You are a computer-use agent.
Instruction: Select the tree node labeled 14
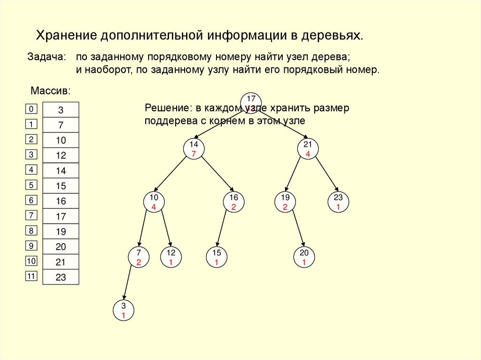point(194,149)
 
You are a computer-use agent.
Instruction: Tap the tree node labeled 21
point(308,149)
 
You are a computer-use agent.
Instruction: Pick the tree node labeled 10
point(154,201)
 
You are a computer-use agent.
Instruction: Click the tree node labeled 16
point(233,201)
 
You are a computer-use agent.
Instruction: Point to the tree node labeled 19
point(285,201)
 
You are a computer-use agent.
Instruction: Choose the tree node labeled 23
point(338,201)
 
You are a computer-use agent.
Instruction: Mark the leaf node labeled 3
point(124,311)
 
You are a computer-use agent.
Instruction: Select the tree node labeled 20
point(304,258)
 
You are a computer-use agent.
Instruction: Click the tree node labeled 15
point(217,258)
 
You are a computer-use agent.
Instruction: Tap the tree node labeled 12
point(171,258)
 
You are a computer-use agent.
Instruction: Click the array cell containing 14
point(61,171)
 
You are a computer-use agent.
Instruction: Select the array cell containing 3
point(61,110)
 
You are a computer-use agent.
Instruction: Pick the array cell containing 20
point(61,247)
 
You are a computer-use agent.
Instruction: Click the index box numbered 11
point(31,276)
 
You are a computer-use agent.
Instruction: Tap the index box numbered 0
point(31,109)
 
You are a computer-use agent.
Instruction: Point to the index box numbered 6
point(31,200)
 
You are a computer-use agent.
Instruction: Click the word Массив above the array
point(51,90)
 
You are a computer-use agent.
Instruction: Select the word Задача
point(46,57)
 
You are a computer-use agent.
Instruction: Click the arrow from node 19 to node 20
point(299,229)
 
